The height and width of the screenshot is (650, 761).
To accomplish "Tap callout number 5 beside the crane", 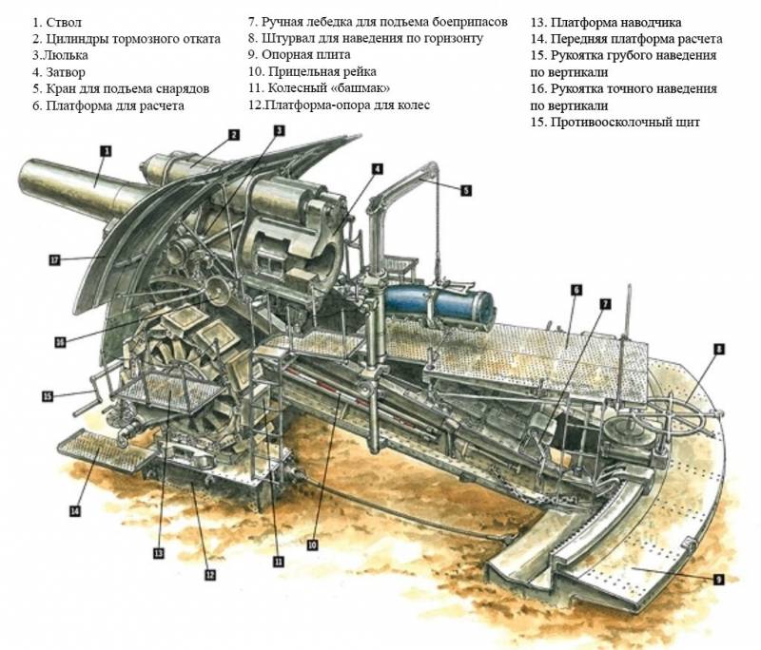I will (x=465, y=189).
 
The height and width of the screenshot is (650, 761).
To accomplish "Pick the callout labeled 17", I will (x=54, y=258).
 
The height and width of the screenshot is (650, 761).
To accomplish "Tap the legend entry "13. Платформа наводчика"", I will (x=606, y=22).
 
